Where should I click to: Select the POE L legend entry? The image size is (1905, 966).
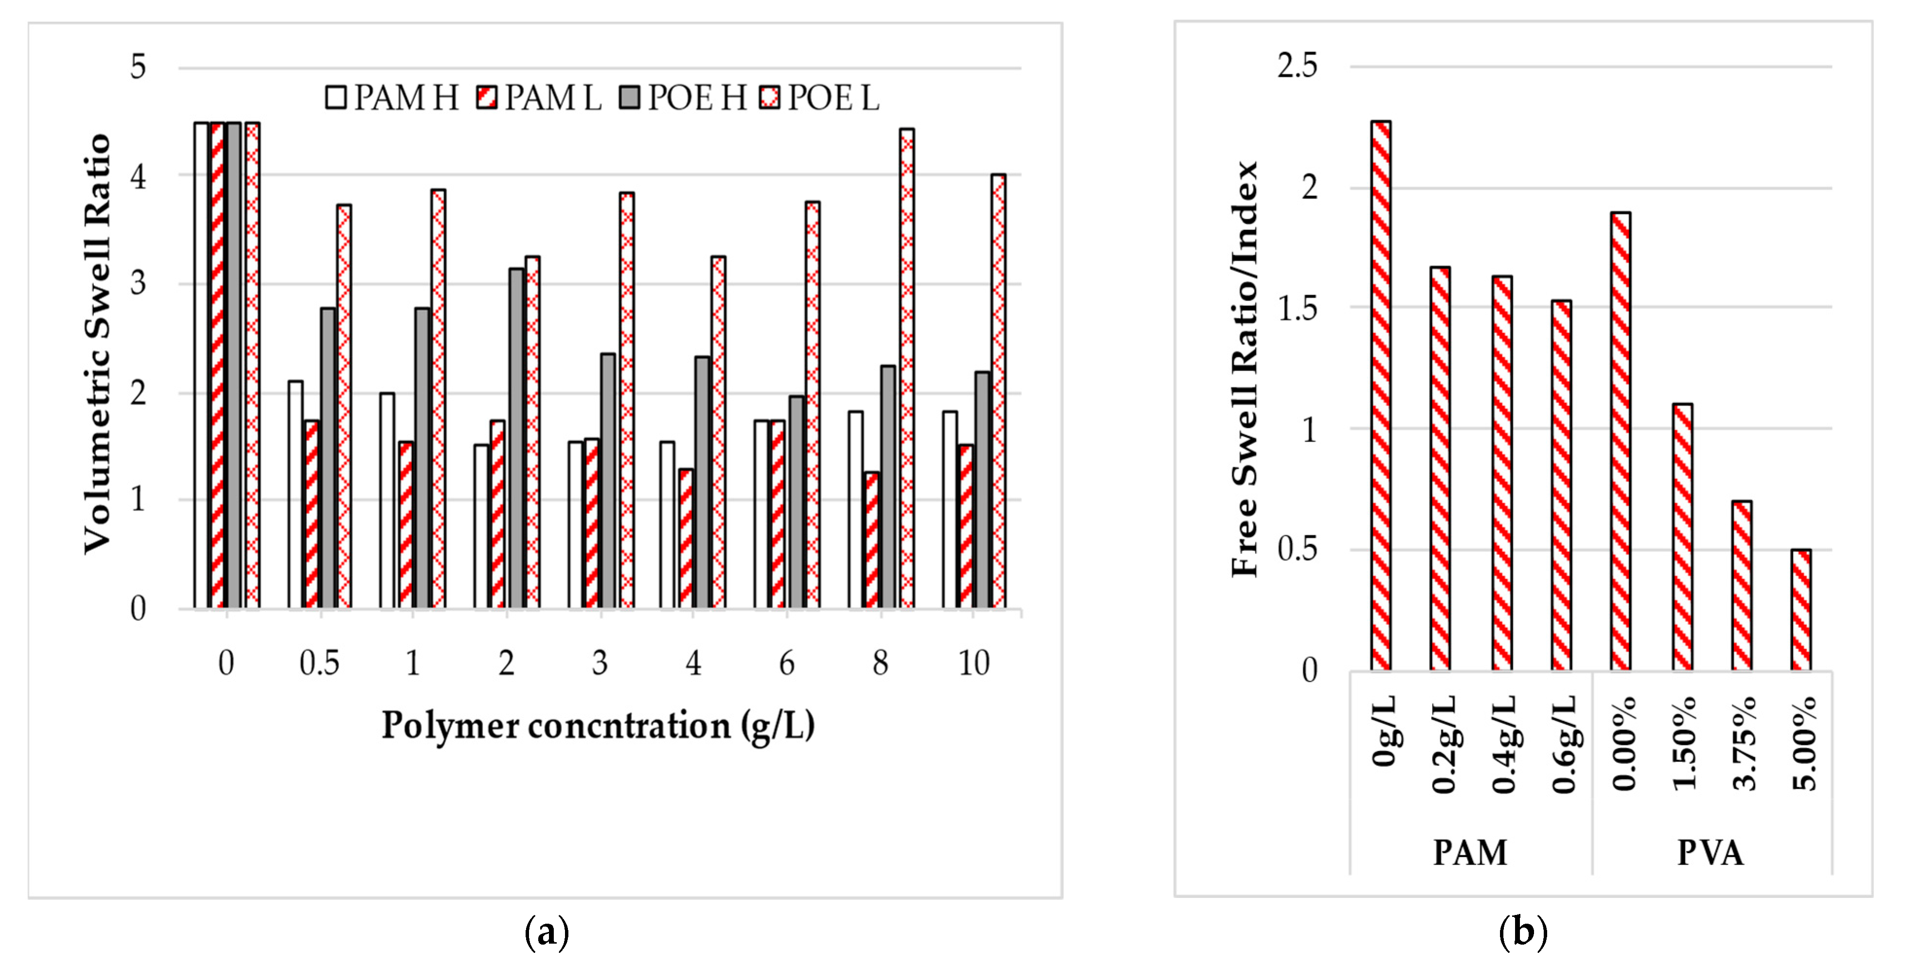[820, 98]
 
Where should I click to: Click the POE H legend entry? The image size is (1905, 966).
[684, 98]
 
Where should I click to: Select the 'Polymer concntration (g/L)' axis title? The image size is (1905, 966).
[598, 726]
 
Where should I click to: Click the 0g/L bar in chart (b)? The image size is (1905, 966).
[1381, 396]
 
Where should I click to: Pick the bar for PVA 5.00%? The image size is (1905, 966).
[1801, 610]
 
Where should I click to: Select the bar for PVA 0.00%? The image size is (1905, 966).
[1620, 441]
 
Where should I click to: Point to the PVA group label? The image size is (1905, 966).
[1710, 853]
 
